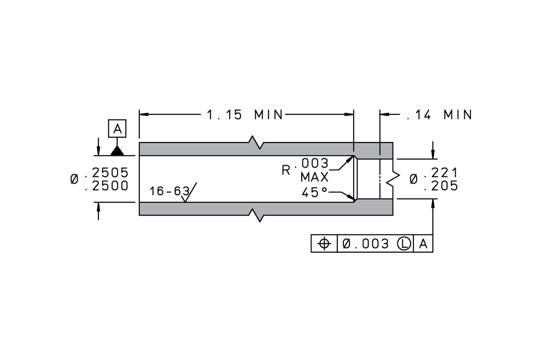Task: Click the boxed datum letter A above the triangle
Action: coord(117,129)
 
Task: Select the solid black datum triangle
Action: coord(117,151)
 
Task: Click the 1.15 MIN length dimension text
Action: coord(245,115)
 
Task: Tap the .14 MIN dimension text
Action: coord(439,115)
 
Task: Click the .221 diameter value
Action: coord(441,172)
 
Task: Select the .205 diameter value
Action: coord(441,186)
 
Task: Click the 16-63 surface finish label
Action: coord(170,191)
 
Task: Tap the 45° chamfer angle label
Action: coord(314,192)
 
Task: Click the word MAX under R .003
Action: coord(314,177)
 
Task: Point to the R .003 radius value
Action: coord(305,166)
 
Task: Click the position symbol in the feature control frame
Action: coord(324,244)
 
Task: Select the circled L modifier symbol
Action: coord(404,244)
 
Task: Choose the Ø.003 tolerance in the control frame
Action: coord(366,244)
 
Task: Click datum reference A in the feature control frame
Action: coord(423,244)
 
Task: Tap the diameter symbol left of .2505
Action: coord(74,179)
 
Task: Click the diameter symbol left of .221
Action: coord(413,179)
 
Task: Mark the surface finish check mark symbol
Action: coord(189,192)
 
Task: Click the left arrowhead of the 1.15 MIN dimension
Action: coord(144,114)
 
